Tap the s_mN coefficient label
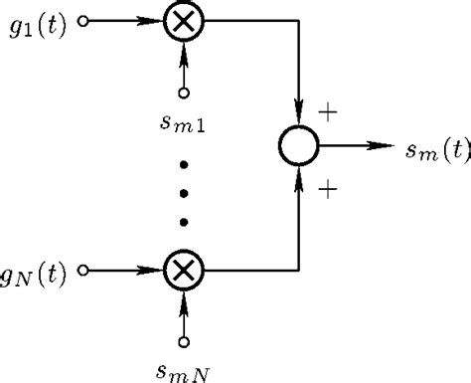[x=185, y=372]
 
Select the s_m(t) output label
[x=437, y=150]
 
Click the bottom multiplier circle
[x=183, y=269]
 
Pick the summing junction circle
[x=298, y=145]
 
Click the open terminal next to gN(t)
[x=85, y=269]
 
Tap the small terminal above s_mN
[x=183, y=341]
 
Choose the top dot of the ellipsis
[x=183, y=161]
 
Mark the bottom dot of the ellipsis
[x=183, y=220]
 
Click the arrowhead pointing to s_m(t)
[x=376, y=145]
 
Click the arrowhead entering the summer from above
[x=298, y=113]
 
